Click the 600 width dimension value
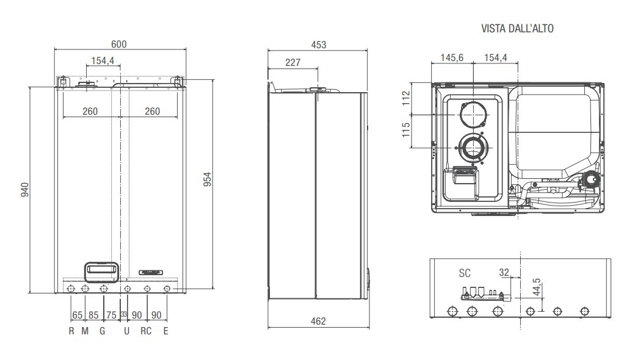click(118, 44)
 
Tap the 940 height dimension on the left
click(24, 190)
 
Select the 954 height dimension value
click(208, 179)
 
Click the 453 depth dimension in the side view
click(318, 45)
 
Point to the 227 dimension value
click(293, 62)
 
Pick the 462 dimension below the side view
click(318, 321)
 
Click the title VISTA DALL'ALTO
click(517, 28)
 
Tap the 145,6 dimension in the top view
click(452, 58)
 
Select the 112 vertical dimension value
click(405, 98)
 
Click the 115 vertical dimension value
click(405, 130)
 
